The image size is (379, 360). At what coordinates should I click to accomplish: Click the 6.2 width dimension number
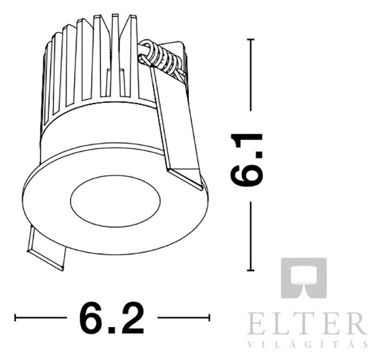[112, 318]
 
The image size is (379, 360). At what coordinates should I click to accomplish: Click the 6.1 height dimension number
[246, 159]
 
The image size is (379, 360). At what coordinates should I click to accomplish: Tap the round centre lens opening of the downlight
[116, 201]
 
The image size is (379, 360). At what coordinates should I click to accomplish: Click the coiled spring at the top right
[162, 59]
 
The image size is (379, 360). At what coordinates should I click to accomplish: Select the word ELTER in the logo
[306, 323]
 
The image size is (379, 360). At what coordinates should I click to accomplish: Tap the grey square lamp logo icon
[304, 278]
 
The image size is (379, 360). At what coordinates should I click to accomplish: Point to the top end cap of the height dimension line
[251, 39]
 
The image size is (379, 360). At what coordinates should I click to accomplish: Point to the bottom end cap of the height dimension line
[251, 270]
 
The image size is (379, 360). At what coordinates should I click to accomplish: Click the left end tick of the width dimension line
[15, 318]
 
